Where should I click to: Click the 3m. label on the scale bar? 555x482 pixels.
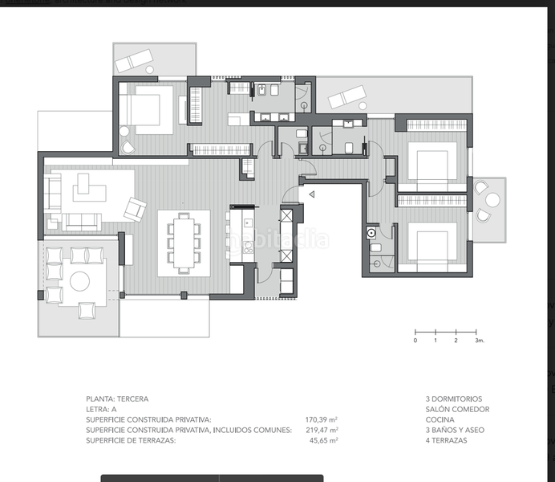coord(480,341)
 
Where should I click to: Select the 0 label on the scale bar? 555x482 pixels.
coord(415,341)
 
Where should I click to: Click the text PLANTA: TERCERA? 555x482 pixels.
coord(117,398)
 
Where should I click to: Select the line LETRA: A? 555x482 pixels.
coord(103,409)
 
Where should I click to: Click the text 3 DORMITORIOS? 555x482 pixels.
coord(454,398)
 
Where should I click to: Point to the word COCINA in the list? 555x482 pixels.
coord(440,419)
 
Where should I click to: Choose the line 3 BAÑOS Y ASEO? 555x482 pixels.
coord(456,430)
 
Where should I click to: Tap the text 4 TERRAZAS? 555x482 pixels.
coord(447,440)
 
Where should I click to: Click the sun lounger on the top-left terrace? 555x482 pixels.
coord(134,59)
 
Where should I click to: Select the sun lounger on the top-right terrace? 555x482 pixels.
coord(348,97)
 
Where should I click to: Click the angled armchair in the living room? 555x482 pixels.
coord(135,210)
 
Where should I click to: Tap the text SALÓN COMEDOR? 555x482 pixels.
coord(458,409)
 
